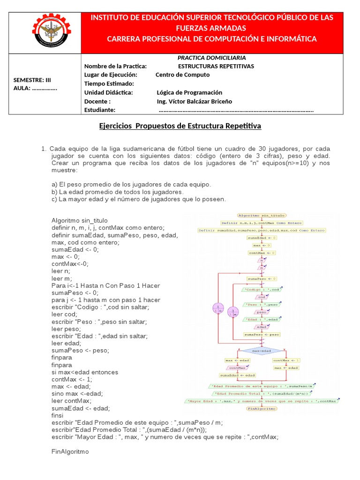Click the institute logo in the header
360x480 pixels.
pos(45,32)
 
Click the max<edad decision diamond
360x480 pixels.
pos(262,351)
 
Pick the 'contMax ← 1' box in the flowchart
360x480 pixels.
pos(286,360)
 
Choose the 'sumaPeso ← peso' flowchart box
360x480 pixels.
pos(262,335)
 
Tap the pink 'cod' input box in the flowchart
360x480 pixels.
pos(262,297)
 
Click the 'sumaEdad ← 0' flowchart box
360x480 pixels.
pos(262,238)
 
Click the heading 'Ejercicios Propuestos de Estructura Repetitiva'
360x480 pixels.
pos(180,126)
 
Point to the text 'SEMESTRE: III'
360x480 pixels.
pos(31,80)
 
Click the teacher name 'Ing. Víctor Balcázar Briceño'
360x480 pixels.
pos(194,101)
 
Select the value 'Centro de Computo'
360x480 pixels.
pos(182,75)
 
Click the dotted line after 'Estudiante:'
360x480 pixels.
pos(236,110)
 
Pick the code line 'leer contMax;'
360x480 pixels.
pos(72,401)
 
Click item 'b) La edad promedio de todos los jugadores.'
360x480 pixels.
pos(117,192)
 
